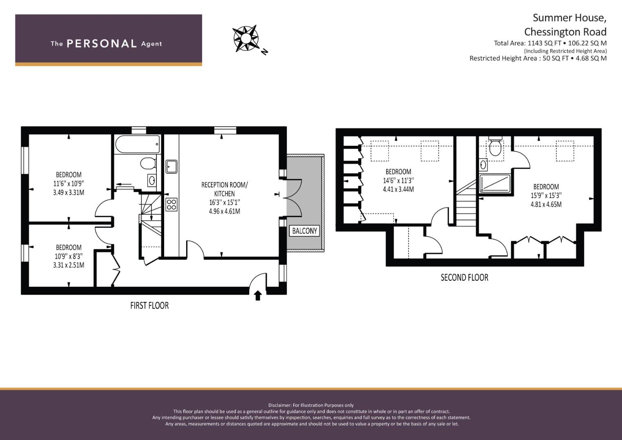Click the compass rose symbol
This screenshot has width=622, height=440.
(246, 38)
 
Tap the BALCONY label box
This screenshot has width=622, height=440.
(304, 231)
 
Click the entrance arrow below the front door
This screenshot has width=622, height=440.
(258, 295)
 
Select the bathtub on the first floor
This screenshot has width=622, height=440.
(137, 144)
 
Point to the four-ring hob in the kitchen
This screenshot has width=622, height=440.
(171, 205)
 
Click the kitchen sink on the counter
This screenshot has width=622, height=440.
(171, 167)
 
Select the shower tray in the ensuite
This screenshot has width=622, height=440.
(495, 183)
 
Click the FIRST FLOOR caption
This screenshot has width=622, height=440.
(149, 306)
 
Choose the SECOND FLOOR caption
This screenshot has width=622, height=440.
(464, 277)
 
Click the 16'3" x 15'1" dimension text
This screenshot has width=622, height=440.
(224, 202)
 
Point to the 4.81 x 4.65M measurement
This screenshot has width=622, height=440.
(546, 205)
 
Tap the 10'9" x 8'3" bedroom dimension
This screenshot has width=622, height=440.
(68, 256)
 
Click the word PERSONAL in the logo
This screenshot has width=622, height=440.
(102, 44)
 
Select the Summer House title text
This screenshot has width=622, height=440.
(569, 18)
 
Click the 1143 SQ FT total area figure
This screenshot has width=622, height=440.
(545, 43)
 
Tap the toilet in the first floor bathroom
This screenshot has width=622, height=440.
(148, 163)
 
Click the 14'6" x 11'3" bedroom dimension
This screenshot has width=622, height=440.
(398, 180)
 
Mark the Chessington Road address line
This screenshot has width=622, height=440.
(565, 32)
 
